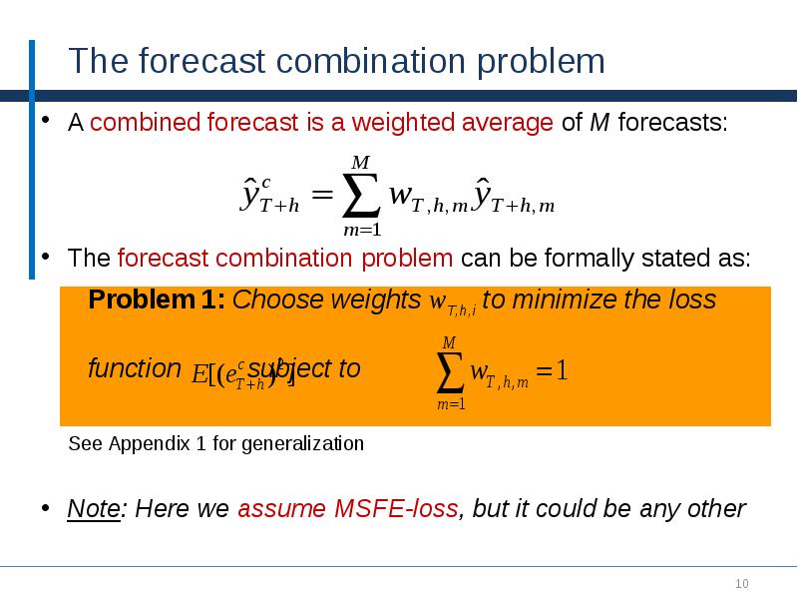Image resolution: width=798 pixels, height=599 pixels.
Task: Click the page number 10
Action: (741, 584)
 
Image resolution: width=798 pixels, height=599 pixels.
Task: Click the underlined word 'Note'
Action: (94, 509)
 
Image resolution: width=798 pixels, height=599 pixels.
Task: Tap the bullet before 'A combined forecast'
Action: (44, 123)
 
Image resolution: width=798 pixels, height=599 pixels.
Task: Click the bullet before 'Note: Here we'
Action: (44, 508)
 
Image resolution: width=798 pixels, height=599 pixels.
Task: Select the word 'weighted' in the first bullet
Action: (403, 124)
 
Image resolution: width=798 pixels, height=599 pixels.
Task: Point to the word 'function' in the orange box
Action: (134, 368)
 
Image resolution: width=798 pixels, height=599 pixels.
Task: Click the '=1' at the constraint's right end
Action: (552, 372)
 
